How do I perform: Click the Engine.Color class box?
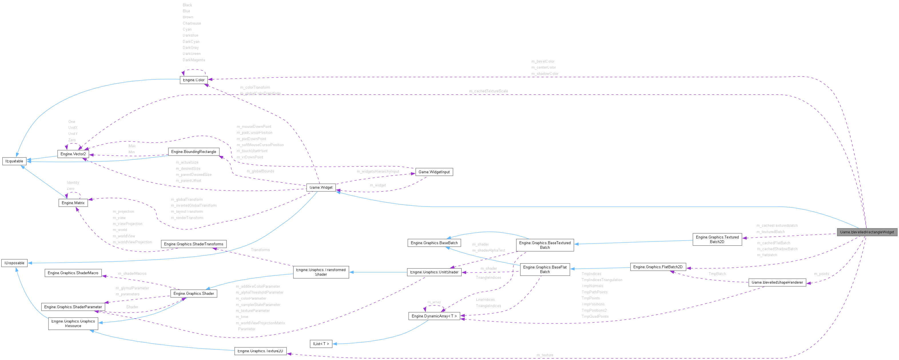[x=194, y=80]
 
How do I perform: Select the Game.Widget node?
[x=321, y=187]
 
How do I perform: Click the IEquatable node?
[x=14, y=161]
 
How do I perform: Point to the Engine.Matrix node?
[x=73, y=203]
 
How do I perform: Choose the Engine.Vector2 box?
[x=73, y=154]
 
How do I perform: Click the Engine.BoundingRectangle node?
[x=194, y=152]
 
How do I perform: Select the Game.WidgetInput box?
[x=434, y=172]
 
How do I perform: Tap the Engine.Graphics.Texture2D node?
[x=260, y=351]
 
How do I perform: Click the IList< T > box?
[x=321, y=344]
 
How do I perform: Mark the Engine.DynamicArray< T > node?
[x=434, y=316]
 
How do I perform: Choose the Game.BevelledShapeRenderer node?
[x=777, y=282]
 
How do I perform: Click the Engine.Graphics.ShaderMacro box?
[x=73, y=273]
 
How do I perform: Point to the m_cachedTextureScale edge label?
[x=488, y=91]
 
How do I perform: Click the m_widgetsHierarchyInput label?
[x=378, y=172]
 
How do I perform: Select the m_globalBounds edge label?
[x=260, y=171]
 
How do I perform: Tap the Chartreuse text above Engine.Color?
[x=192, y=23]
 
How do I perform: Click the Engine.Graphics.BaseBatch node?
[x=434, y=243]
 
